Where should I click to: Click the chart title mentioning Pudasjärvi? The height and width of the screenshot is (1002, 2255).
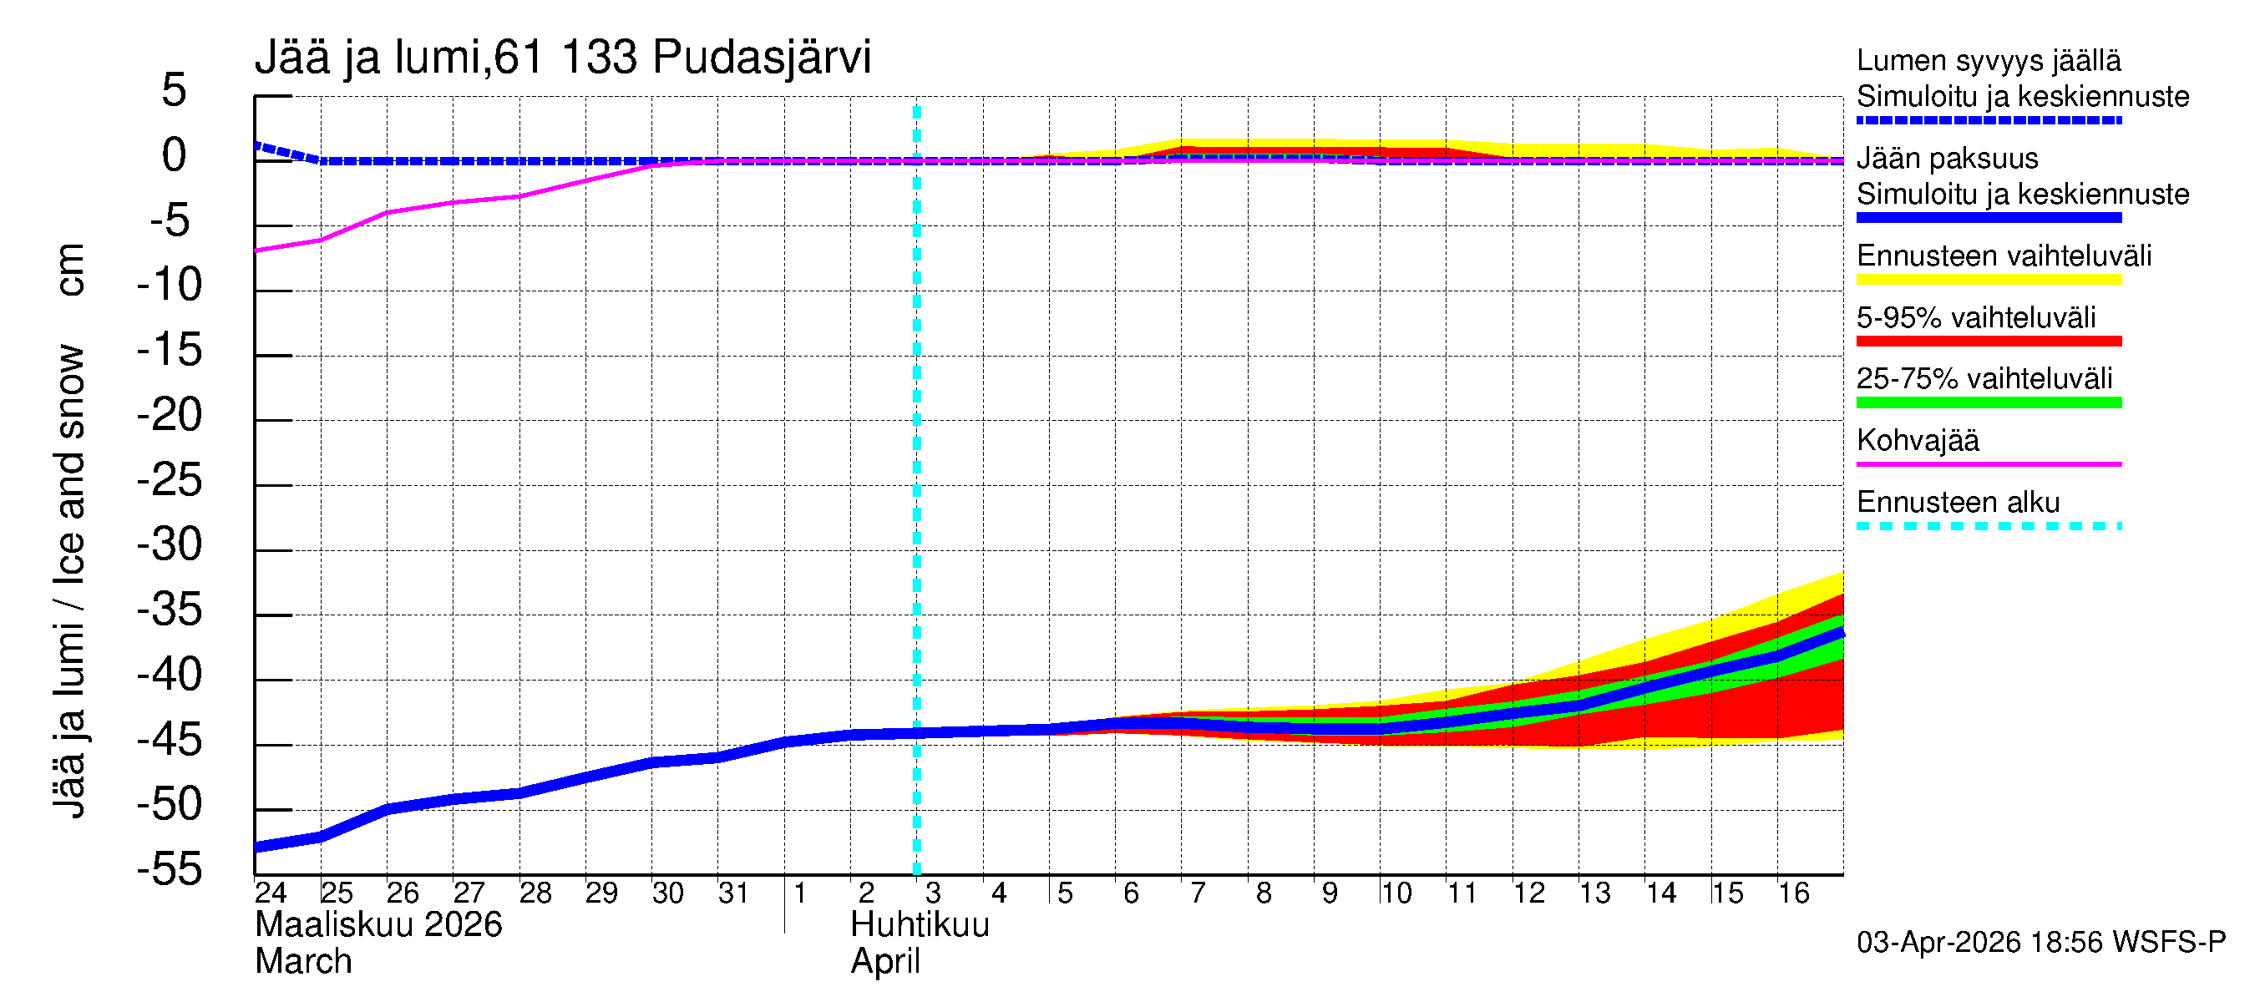coord(562,58)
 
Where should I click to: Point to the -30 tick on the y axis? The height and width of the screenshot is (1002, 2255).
coord(170,545)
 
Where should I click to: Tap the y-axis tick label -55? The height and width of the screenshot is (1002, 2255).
coord(170,870)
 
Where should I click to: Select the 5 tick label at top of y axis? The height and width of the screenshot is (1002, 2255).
coord(175,90)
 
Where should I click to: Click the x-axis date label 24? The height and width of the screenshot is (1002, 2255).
coord(271,893)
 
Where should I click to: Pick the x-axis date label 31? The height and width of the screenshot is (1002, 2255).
coord(733,893)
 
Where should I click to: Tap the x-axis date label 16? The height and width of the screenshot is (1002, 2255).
coord(1793,893)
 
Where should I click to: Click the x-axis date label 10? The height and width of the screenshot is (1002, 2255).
coord(1396,893)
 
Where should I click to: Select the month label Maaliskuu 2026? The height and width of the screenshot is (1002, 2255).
coord(378,925)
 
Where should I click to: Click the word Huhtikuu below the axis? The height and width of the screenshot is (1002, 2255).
coord(920,925)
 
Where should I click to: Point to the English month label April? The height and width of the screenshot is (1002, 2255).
coord(885,962)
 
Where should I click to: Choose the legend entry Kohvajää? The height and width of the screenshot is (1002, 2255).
coord(1917,440)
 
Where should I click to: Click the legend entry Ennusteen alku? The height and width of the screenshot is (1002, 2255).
coord(1958,503)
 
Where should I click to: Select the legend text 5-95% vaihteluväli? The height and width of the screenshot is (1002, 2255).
coord(1976,317)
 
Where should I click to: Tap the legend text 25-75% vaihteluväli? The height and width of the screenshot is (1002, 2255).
coord(1984,379)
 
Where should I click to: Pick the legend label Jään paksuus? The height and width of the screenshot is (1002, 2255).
coord(1947,159)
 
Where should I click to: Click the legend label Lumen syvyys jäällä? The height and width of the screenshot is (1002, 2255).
coord(1988,61)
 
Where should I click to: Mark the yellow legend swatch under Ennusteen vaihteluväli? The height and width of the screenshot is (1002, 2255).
coord(1988,280)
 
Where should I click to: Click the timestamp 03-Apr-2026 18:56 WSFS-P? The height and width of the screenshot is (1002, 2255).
coord(2040,943)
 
